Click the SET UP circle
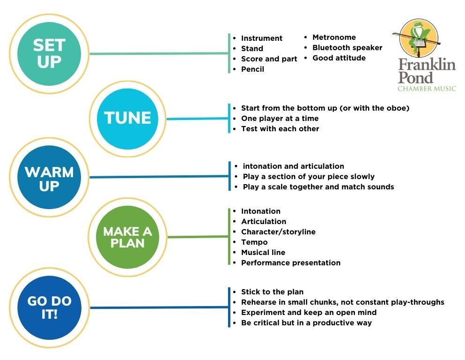coord(49,54)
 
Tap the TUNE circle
coord(127,119)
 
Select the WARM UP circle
coord(49,177)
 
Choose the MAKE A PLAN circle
coord(127,237)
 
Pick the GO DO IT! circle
coord(49,307)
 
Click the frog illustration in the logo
coord(419,37)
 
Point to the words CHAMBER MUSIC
coord(427,89)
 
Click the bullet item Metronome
coord(334,37)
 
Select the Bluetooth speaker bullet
coord(347,48)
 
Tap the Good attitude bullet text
coord(339,58)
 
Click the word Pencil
coord(252,69)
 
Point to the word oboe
coord(398,108)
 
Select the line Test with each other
coord(280,129)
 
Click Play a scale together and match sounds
coord(318,187)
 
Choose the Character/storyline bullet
coord(278,232)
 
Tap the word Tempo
coord(254,242)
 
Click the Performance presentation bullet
coord(291,262)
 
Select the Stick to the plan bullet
coord(272,292)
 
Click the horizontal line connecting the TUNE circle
coord(197,119)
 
